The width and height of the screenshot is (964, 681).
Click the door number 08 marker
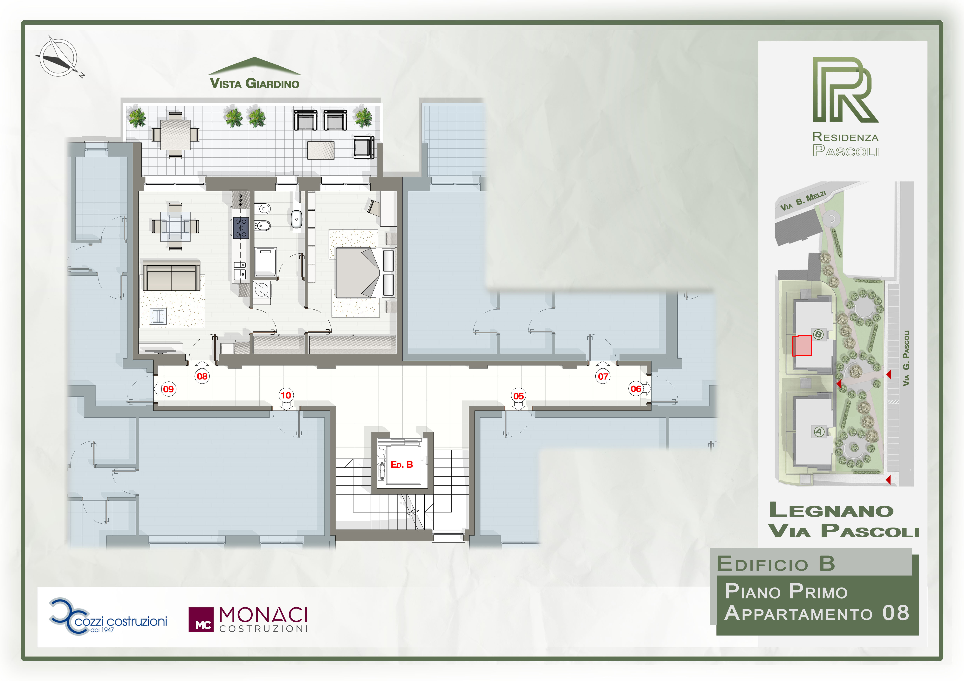tap(202, 376)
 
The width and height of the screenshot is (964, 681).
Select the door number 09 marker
tap(168, 389)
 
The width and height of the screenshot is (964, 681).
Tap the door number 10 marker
tap(286, 395)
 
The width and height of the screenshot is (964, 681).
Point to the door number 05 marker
tap(518, 396)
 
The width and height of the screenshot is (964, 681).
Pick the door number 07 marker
tap(603, 376)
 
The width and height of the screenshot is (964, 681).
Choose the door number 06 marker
tap(636, 389)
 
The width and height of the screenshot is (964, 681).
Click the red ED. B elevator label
tap(402, 464)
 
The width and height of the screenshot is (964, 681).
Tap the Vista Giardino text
tap(254, 83)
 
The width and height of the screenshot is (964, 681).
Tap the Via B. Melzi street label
tap(803, 201)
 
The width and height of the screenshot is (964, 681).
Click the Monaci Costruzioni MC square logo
tap(201, 620)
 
